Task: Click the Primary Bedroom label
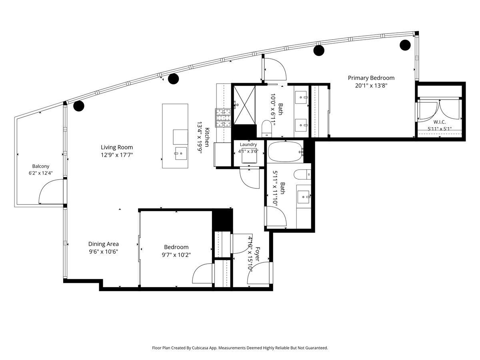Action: [371, 78]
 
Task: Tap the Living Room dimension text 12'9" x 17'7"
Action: [117, 155]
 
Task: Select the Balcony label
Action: [41, 166]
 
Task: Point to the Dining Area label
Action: [104, 244]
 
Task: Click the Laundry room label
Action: [248, 144]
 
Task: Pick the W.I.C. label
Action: [440, 122]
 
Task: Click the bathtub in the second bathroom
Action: [285, 152]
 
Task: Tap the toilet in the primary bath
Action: [266, 128]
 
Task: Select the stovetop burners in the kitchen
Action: [223, 118]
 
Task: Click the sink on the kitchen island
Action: [181, 153]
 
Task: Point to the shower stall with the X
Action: [244, 105]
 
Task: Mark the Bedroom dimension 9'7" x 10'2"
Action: [176, 255]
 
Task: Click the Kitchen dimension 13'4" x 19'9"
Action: [200, 138]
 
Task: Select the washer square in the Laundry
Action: [249, 156]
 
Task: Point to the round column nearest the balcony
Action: [79, 106]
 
